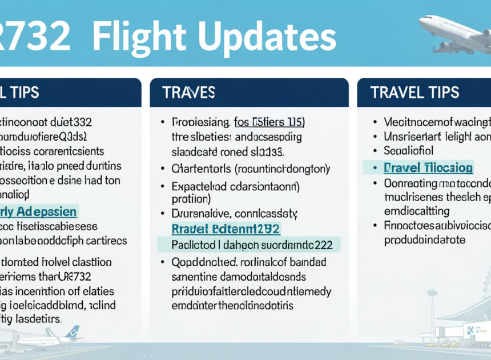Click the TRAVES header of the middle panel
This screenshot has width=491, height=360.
188,93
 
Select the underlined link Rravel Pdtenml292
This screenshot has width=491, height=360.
226,229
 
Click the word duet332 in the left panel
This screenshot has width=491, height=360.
71,122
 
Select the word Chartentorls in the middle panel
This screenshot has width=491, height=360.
201,169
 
